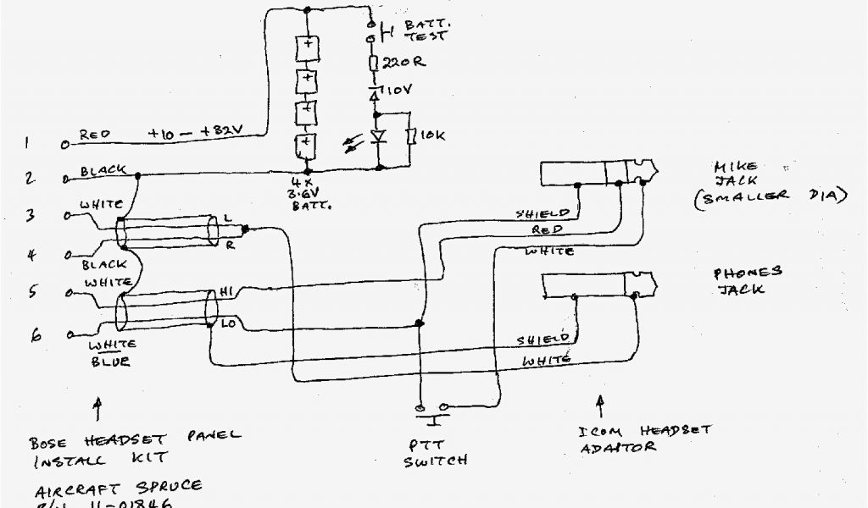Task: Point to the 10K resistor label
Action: pos(431,135)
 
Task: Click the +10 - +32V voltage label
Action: pos(197,132)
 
